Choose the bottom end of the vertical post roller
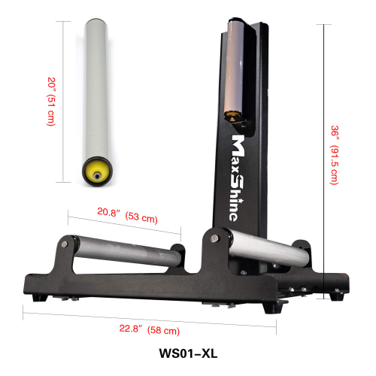click(234, 118)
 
